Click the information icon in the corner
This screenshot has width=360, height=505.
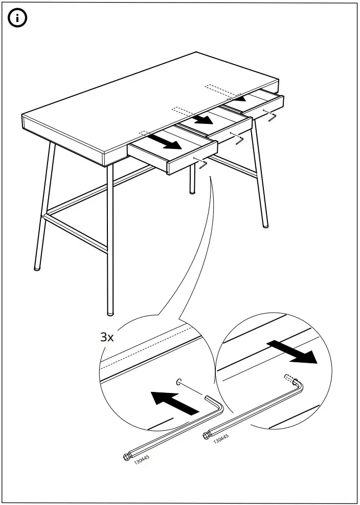click(x=17, y=18)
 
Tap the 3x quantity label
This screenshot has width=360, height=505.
click(x=107, y=337)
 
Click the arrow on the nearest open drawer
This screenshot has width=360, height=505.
click(x=165, y=142)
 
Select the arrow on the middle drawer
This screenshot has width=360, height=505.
click(x=201, y=119)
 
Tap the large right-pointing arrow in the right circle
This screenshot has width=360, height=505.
click(x=292, y=352)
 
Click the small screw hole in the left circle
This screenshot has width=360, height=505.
click(x=179, y=382)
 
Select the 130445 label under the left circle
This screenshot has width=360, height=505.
click(x=142, y=459)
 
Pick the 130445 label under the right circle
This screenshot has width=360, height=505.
click(x=221, y=438)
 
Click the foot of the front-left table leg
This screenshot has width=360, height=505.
click(x=37, y=268)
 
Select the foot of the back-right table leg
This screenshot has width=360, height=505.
click(x=265, y=226)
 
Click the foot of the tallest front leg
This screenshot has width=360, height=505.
click(x=110, y=313)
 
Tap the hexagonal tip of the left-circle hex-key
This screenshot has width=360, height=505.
click(x=127, y=457)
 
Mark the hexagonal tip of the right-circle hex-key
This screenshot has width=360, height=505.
click(x=207, y=436)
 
